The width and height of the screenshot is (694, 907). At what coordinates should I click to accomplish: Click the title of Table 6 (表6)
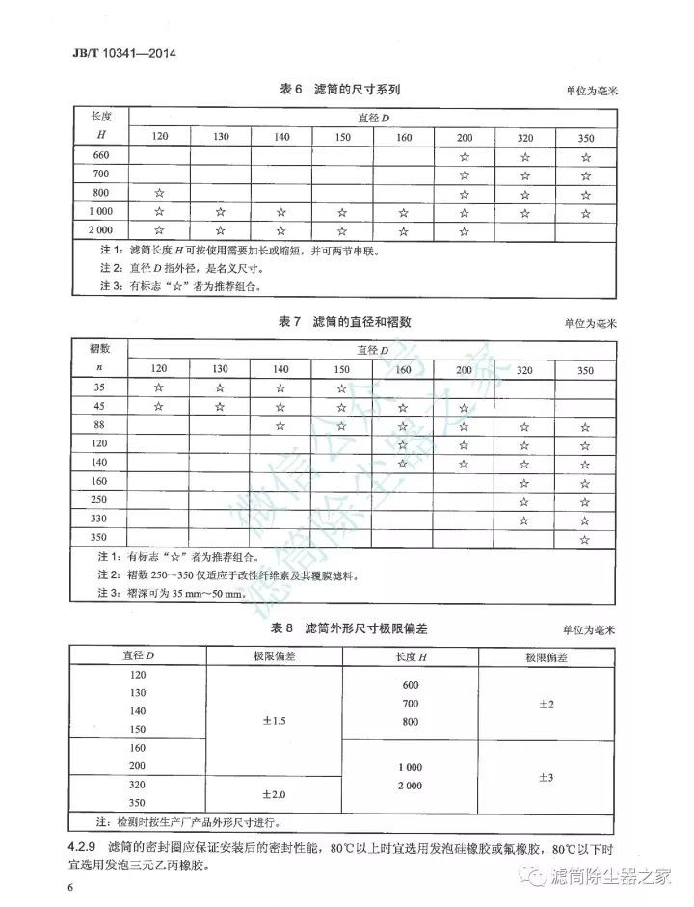pos(339,90)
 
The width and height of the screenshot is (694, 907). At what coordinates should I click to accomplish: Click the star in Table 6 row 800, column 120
pos(160,193)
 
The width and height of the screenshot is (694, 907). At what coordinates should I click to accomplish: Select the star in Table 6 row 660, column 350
pos(586,155)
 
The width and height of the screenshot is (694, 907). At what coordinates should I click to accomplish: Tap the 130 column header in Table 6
pos(221,137)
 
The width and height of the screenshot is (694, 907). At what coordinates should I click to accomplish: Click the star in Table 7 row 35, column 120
pos(160,387)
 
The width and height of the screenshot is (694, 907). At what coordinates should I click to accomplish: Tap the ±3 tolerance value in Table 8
pos(546,777)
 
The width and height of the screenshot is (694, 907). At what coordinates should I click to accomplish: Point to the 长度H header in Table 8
pos(411,657)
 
